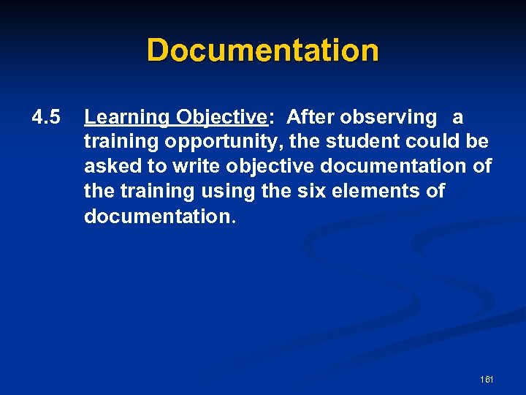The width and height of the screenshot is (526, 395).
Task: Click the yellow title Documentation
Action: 263,50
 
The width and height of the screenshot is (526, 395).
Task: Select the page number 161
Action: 487,380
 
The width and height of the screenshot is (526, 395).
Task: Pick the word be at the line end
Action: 479,142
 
